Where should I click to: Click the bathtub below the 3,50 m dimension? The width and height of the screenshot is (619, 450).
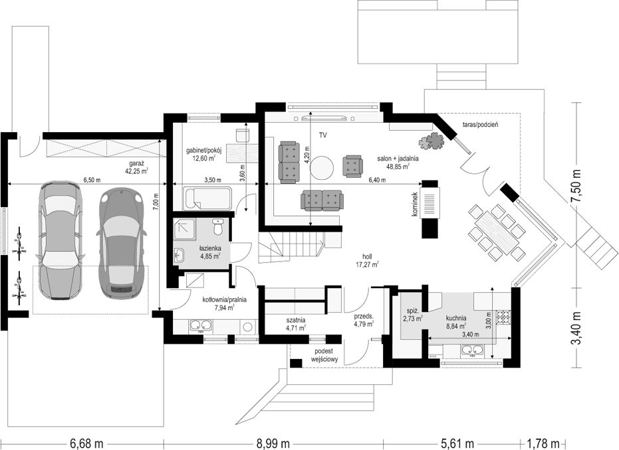(x=207, y=198)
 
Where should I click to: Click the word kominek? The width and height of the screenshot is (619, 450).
(x=414, y=204)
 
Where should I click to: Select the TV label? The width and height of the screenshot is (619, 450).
(x=323, y=135)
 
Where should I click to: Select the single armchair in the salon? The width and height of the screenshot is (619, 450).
(x=352, y=166)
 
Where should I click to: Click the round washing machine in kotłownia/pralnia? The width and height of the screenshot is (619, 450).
(x=248, y=327)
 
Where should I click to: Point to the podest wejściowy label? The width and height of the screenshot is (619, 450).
(x=324, y=355)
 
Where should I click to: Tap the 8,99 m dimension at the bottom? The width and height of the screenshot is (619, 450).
(x=273, y=444)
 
